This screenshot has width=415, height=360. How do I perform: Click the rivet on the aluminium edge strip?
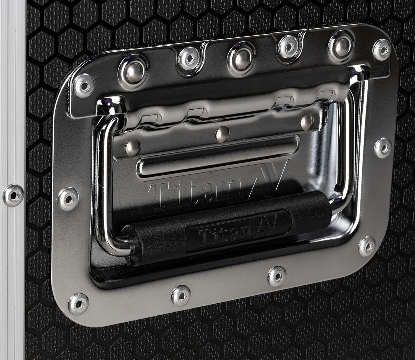click(13, 195)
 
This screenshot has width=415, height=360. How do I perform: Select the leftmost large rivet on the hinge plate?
click(133, 71)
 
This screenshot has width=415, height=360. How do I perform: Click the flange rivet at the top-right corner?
click(382, 49)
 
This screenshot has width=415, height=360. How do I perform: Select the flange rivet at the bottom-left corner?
click(78, 303)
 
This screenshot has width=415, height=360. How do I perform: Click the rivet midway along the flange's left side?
click(68, 199)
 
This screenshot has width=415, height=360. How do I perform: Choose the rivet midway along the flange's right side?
click(383, 147)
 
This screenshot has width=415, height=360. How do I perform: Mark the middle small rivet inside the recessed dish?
click(222, 134)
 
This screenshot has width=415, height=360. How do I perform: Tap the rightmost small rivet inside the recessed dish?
click(307, 121)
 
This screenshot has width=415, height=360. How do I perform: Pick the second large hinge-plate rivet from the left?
click(188, 59)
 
